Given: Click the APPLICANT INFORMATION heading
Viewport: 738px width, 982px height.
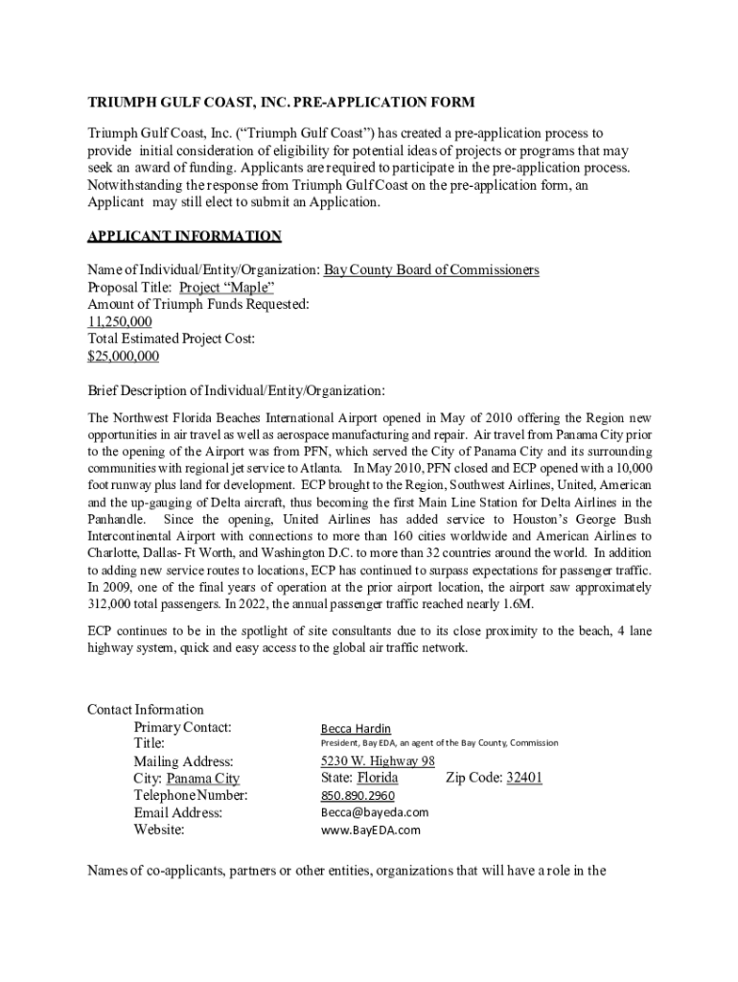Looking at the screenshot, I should [184, 236].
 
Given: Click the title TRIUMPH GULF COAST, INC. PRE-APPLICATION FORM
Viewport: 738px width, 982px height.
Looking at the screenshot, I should [281, 103].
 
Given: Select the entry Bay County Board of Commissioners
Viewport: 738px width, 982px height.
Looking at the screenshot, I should [430, 270].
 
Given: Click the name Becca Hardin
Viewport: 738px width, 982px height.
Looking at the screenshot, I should [356, 729].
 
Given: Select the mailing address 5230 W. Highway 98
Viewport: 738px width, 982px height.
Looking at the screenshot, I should [378, 761].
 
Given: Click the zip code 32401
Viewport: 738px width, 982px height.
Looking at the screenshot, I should [524, 779].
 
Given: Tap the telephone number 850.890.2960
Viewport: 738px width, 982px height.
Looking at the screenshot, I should [357, 796].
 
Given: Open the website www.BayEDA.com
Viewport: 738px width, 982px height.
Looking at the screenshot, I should [370, 830].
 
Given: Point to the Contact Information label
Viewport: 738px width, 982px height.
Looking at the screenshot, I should [146, 710].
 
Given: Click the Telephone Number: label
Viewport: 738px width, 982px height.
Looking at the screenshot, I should [191, 796].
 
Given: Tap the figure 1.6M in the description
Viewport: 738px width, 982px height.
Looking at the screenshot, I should [515, 604].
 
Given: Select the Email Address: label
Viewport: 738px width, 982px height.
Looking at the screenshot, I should [178, 813].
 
